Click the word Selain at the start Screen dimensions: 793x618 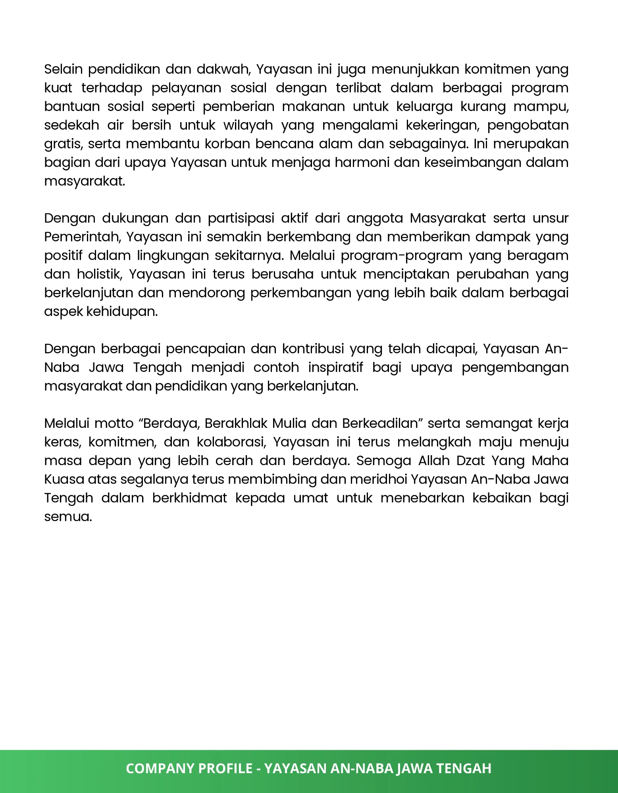point(64,69)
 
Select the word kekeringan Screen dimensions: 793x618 point(442,125)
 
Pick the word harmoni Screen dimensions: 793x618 point(362,163)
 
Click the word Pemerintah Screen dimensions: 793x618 point(83,237)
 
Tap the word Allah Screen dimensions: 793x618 point(433,461)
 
